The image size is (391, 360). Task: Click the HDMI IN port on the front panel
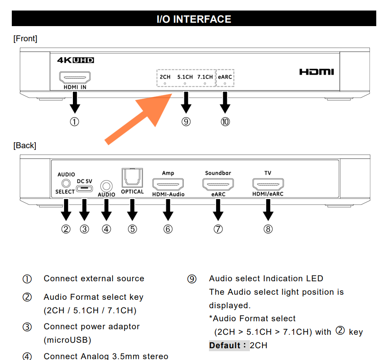click(x=75, y=78)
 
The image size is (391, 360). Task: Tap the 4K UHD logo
click(x=75, y=60)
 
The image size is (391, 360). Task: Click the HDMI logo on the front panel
click(x=316, y=72)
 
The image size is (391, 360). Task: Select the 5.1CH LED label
click(x=185, y=77)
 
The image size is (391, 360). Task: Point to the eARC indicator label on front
click(x=225, y=77)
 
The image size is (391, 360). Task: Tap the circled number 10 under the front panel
click(x=225, y=122)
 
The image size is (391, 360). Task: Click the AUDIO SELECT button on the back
click(x=65, y=183)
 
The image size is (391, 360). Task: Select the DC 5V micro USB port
click(x=84, y=188)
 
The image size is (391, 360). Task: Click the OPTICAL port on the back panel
click(x=132, y=178)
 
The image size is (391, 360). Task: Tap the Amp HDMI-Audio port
click(x=168, y=184)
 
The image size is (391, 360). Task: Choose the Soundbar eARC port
click(x=218, y=184)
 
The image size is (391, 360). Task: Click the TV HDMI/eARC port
click(x=268, y=184)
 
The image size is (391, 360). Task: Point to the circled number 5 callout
click(x=132, y=229)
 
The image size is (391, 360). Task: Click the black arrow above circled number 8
click(x=268, y=210)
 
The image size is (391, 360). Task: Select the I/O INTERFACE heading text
click(x=194, y=19)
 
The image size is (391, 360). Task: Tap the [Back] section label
click(x=25, y=145)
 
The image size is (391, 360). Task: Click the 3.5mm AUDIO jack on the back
click(x=106, y=185)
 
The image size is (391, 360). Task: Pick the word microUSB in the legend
click(x=67, y=339)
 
